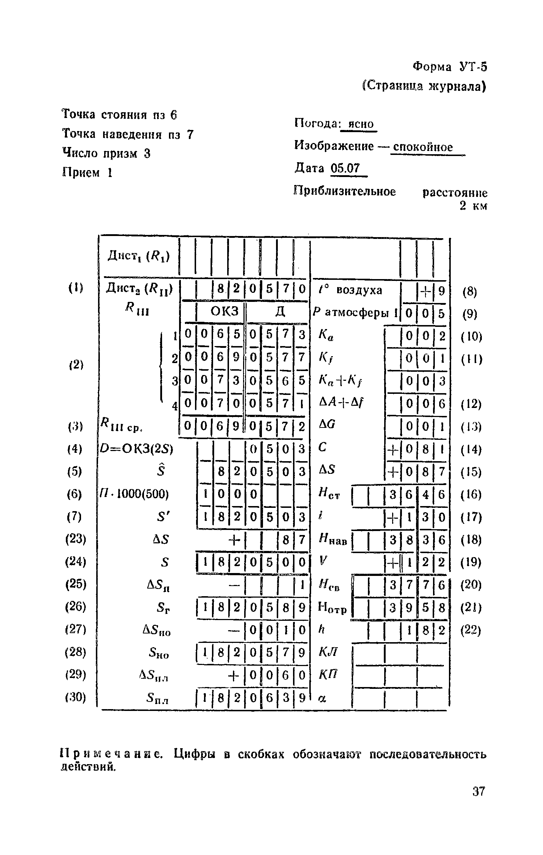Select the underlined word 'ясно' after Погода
[360, 124]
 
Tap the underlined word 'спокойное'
[423, 147]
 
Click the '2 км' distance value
[473, 206]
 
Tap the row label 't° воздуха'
[351, 290]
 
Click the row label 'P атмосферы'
[355, 312]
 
